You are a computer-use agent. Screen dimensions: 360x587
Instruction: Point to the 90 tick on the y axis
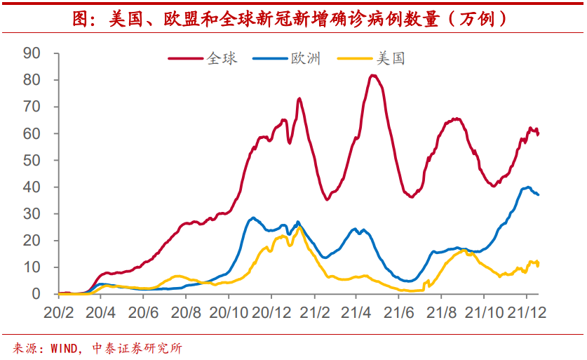[32, 53]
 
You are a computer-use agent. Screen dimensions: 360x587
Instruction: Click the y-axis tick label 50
[32, 160]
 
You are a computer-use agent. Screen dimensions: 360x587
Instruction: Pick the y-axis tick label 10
[32, 267]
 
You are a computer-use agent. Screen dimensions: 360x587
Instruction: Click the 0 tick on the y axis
[36, 294]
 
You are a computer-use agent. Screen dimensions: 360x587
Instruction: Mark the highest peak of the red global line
[372, 75]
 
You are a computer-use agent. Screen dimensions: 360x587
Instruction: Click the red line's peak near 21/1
[299, 99]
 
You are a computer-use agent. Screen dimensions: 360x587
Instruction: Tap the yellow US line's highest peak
[299, 227]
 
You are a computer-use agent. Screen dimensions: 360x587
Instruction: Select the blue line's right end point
[538, 194]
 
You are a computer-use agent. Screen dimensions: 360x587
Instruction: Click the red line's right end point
[538, 133]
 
